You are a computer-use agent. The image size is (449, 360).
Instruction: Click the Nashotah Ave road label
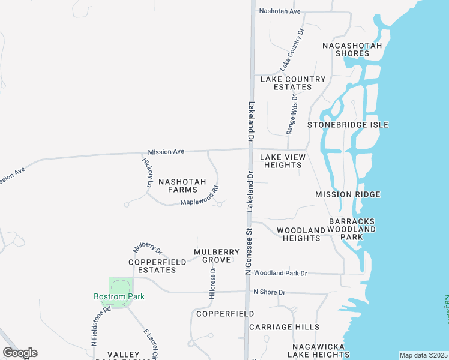279,11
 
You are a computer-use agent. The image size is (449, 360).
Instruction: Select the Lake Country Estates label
293,83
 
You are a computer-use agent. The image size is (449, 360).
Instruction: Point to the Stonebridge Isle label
348,125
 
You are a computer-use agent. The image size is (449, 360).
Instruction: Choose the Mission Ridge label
348,194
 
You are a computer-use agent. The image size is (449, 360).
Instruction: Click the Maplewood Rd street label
200,199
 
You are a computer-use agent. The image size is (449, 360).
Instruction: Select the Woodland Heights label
298,234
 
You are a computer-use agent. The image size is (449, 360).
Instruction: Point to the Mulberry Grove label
212,256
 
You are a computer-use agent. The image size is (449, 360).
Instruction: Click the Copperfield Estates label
152,266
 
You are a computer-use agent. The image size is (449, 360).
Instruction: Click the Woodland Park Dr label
280,273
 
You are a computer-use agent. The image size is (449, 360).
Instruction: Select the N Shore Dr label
269,292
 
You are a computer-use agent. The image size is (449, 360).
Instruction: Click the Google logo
20,353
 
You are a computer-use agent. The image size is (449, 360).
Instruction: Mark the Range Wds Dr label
292,113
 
